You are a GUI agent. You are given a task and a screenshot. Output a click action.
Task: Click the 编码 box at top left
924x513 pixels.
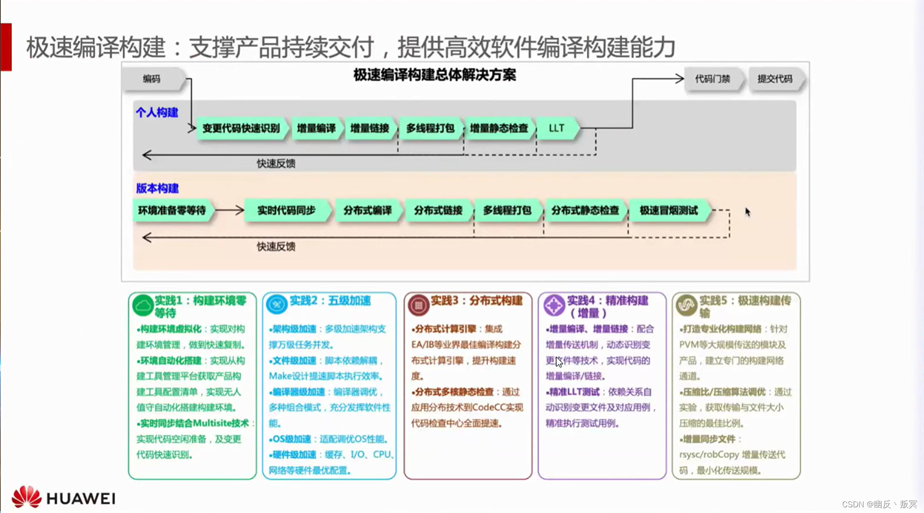pyautogui.click(x=152, y=79)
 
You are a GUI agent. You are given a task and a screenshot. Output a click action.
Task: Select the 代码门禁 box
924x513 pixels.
pyautogui.click(x=713, y=79)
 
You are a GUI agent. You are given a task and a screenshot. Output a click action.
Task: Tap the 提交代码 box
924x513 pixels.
pyautogui.click(x=775, y=79)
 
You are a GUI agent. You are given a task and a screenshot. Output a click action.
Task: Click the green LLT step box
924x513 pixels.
pyautogui.click(x=556, y=128)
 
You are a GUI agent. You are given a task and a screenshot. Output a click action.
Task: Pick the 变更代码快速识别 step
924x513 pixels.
pyautogui.click(x=241, y=128)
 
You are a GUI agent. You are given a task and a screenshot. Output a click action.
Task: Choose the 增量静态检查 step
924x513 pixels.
pyautogui.click(x=499, y=128)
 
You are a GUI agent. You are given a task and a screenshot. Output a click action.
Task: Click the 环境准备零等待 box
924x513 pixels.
pyautogui.click(x=172, y=211)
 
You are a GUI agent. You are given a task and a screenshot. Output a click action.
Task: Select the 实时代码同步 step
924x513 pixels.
pyautogui.click(x=286, y=211)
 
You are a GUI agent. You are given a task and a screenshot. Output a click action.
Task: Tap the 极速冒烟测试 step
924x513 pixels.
pyautogui.click(x=668, y=211)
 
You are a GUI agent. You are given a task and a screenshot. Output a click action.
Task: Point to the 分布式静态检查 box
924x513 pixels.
pyautogui.click(x=585, y=211)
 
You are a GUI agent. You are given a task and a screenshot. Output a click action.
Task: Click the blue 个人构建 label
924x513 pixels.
pyautogui.click(x=157, y=112)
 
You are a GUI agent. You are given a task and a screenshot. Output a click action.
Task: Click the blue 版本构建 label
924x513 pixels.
pyautogui.click(x=157, y=188)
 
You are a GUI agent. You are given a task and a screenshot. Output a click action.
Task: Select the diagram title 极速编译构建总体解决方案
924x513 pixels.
pyautogui.click(x=434, y=75)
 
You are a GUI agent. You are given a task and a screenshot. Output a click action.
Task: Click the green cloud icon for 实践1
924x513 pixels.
pyautogui.click(x=143, y=305)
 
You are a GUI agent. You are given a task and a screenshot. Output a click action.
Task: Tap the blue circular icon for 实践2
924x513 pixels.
pyautogui.click(x=276, y=304)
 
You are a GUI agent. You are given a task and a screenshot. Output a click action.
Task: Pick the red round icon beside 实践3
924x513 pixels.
pyautogui.click(x=418, y=305)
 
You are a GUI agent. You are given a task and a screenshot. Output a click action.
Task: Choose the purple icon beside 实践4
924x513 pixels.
pyautogui.click(x=554, y=305)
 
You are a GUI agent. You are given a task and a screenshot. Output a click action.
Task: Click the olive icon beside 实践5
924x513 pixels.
pyautogui.click(x=686, y=305)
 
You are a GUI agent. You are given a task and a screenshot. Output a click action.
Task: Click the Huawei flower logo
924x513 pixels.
pyautogui.click(x=26, y=497)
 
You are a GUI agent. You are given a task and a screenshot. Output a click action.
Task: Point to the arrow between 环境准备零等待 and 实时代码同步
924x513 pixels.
pyautogui.click(x=229, y=211)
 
